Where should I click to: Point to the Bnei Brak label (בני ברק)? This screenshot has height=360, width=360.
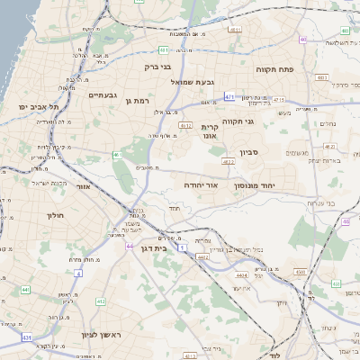click(157, 67)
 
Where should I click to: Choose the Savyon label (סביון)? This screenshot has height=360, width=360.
click(249, 153)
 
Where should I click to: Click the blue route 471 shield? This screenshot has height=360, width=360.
click(229, 96)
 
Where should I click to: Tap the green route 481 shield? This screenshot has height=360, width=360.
click(163, 49)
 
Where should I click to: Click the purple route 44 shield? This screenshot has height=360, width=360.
click(130, 245)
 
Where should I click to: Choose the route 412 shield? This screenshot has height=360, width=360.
click(101, 301)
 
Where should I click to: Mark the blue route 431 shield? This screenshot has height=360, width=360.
click(27, 337)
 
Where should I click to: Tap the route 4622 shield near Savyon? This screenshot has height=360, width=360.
click(228, 162)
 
